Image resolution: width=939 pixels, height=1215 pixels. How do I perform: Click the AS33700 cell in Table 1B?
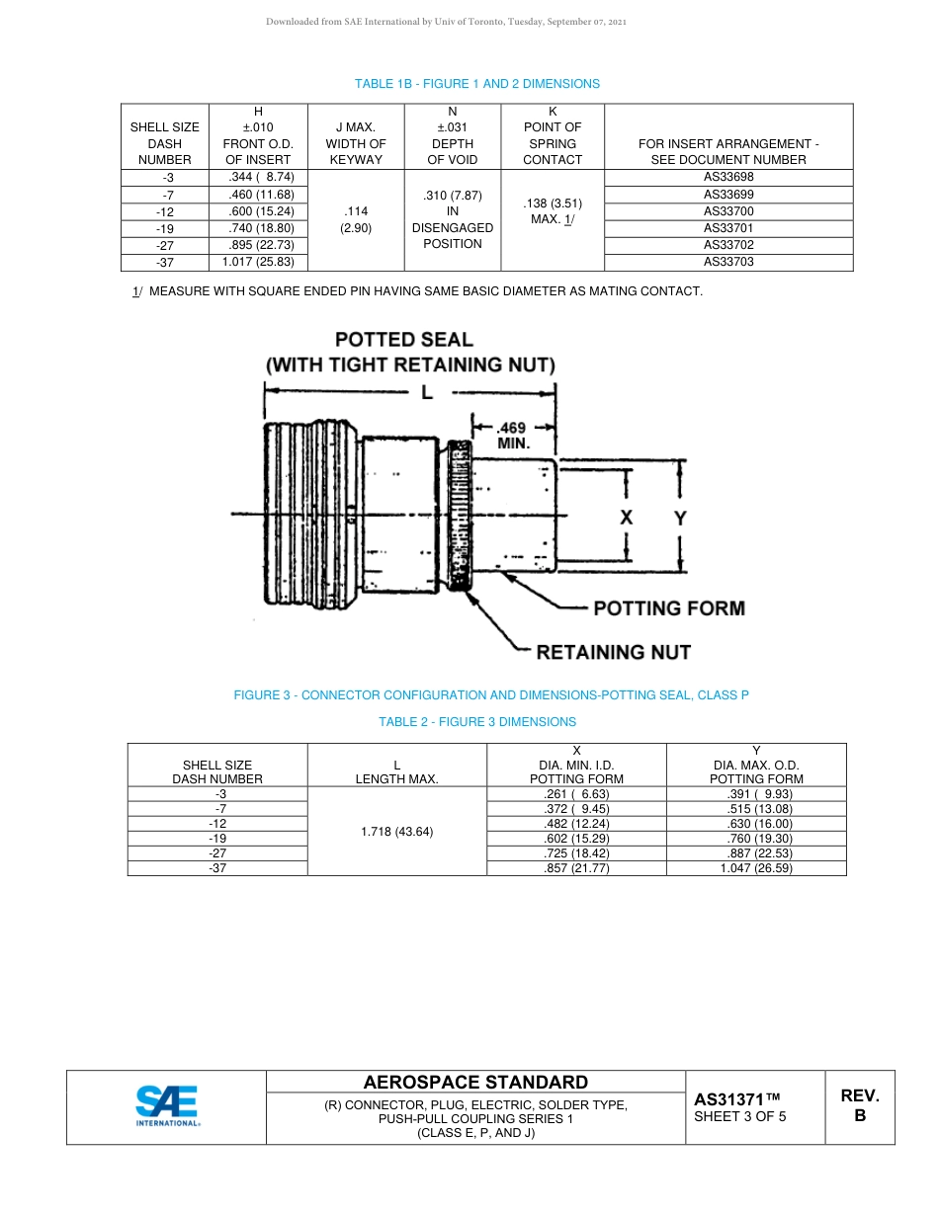tap(727, 211)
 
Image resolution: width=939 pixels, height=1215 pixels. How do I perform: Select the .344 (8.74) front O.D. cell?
tap(258, 178)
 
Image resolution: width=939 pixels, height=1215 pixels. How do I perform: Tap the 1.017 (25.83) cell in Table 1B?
tap(258, 262)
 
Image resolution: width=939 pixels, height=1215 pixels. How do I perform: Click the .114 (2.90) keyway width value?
tap(356, 219)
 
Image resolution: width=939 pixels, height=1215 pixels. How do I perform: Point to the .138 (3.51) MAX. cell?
tap(552, 211)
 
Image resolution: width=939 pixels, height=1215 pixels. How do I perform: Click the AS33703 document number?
tap(727, 262)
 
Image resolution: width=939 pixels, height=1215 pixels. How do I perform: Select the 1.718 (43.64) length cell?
tap(396, 831)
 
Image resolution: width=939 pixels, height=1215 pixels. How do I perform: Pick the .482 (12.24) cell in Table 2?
tap(576, 824)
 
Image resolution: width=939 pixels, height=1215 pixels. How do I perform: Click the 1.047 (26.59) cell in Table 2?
tap(756, 868)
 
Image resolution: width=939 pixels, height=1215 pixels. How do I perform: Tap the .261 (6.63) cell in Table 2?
tap(576, 794)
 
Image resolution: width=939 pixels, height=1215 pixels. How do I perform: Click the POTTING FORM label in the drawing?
tap(668, 608)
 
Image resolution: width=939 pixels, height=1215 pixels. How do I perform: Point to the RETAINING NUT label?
tap(613, 652)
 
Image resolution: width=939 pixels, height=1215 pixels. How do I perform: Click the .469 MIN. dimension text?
tap(513, 437)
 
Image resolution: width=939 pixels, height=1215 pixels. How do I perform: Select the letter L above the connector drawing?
tap(427, 392)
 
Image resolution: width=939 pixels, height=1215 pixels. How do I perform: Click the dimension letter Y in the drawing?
tap(680, 518)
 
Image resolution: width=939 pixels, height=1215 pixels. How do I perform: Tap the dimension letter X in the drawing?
tap(627, 518)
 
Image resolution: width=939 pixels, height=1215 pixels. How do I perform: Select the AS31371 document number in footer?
tap(736, 1098)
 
